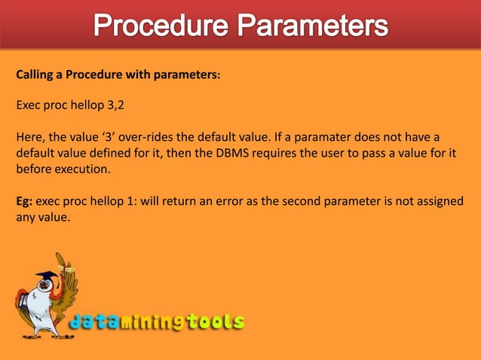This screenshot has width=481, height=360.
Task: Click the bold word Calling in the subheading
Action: pos(36,75)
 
